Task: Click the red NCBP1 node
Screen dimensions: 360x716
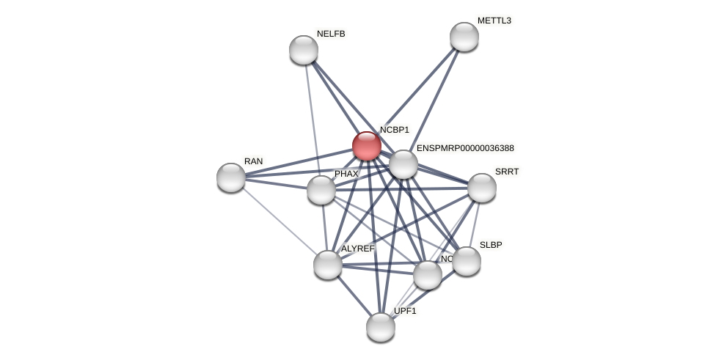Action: pos(366,146)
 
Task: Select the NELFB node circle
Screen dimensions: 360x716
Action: pos(304,50)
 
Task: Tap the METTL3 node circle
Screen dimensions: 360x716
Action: pos(464,37)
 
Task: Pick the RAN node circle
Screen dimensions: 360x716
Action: pos(231,177)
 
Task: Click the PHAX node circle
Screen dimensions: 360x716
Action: pos(321,190)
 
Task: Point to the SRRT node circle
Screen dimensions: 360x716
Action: pos(481,188)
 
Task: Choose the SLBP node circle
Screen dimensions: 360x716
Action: pos(467,261)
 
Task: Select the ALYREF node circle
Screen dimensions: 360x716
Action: pos(328,265)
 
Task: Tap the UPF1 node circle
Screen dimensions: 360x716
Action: pos(381,327)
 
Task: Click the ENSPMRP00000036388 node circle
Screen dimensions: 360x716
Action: pos(403,164)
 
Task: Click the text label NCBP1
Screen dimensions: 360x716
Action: pos(395,130)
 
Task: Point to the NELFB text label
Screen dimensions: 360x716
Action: pos(331,34)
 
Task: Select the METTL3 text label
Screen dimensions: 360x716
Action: pos(494,21)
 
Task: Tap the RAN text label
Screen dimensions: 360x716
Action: pos(254,161)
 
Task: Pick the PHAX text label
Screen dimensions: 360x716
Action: pos(346,174)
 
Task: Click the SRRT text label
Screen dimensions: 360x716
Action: pos(507,172)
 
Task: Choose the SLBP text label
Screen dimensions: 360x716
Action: pos(491,245)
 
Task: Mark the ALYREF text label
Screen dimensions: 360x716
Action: pos(357,249)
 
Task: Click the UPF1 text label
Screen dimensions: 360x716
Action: pos(405,311)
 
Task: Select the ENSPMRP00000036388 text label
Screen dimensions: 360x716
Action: pos(465,148)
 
